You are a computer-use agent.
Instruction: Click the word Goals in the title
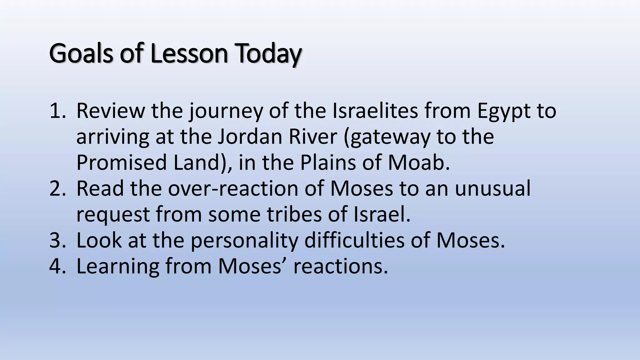click(x=81, y=53)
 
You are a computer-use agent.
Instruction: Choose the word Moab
click(x=419, y=163)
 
